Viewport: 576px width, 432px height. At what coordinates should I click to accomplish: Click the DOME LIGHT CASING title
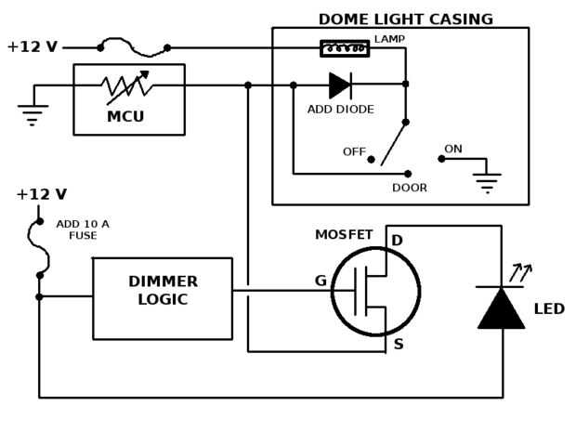pyautogui.click(x=405, y=19)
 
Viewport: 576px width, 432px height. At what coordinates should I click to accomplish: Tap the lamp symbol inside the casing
pyautogui.click(x=345, y=48)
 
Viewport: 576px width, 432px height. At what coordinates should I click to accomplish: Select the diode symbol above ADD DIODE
pyautogui.click(x=340, y=85)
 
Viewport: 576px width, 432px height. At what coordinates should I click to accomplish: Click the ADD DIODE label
pyautogui.click(x=340, y=110)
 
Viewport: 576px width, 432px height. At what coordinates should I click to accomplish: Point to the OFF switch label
pyautogui.click(x=354, y=151)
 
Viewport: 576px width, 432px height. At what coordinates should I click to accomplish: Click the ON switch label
pyautogui.click(x=453, y=149)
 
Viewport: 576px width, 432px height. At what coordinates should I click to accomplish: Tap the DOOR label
pyautogui.click(x=410, y=188)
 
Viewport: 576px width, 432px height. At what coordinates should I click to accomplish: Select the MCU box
pyautogui.click(x=129, y=98)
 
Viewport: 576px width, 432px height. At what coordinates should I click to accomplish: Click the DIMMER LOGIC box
pyautogui.click(x=163, y=298)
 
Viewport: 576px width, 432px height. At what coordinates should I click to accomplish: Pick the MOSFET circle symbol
pyautogui.click(x=376, y=291)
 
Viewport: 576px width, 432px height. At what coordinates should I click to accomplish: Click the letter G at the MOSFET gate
pyautogui.click(x=321, y=281)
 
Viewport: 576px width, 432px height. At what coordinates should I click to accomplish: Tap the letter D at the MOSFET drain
pyautogui.click(x=397, y=242)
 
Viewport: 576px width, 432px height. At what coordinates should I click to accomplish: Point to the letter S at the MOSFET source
pyautogui.click(x=399, y=345)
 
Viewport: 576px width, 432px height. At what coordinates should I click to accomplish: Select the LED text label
pyautogui.click(x=549, y=308)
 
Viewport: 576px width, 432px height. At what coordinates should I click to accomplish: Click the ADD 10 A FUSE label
pyautogui.click(x=83, y=229)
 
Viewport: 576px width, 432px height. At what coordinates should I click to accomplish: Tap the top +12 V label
pyautogui.click(x=32, y=46)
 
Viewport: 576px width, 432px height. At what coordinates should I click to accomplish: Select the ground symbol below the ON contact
pyautogui.click(x=486, y=182)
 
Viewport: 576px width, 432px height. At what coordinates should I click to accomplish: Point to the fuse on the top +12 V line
pyautogui.click(x=134, y=45)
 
